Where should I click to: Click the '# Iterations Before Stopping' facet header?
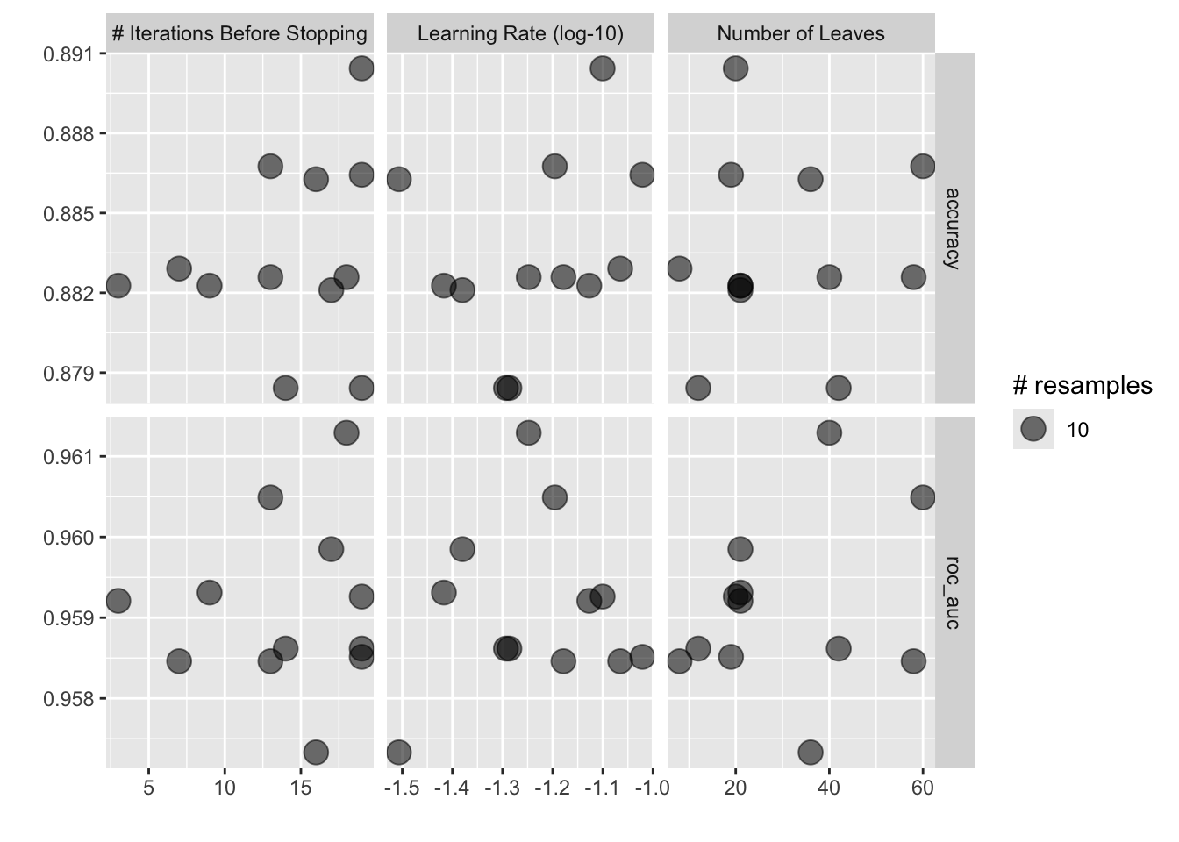coord(239,34)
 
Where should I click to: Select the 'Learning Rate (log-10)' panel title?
coord(520,34)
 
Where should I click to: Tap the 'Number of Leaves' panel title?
coord(801,34)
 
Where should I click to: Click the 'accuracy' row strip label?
coord(954,227)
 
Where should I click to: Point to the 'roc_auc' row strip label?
coord(954,592)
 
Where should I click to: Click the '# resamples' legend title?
coord(1082,385)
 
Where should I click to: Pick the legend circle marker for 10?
coord(1033,429)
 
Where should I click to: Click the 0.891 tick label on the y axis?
coord(68,54)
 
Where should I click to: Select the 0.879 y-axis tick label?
coord(68,373)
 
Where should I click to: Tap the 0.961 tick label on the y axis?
coord(68,457)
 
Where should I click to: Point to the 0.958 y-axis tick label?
coord(68,699)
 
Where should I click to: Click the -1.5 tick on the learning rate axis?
coord(401,788)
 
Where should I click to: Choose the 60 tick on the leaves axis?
coord(922,788)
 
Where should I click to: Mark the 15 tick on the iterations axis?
coord(301,788)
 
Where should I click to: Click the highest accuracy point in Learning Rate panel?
coord(602,68)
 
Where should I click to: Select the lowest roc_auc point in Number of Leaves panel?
coord(811,752)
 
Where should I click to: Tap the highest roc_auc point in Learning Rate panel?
coord(528,432)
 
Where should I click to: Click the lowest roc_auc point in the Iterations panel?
coord(316,752)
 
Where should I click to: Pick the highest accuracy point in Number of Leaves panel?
coord(735,68)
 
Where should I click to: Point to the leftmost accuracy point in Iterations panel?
coord(118,285)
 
